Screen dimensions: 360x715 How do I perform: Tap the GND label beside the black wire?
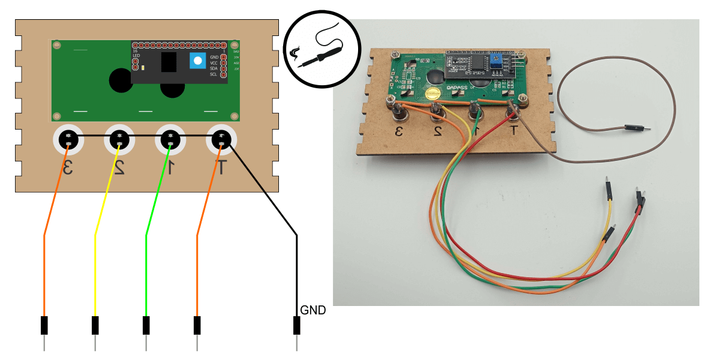pos(314,310)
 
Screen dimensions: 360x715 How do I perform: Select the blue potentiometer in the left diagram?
pos(198,61)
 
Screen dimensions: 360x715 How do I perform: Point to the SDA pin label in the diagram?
pos(214,68)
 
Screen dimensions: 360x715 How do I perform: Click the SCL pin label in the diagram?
pos(214,75)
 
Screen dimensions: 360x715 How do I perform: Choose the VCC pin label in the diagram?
pos(214,62)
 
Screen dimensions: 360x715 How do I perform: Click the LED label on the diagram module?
pos(136,56)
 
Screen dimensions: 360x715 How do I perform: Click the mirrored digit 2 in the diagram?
pos(119,168)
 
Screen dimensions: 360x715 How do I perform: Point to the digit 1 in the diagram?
pos(170,168)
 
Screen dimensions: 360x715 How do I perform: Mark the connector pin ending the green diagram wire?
pos(146,326)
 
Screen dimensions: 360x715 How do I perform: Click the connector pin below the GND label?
pos(296,326)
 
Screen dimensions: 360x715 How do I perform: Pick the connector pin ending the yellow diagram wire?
pos(95,326)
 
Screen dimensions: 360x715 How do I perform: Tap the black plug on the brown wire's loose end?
pos(632,127)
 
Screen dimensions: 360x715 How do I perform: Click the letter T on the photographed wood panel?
pos(513,131)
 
